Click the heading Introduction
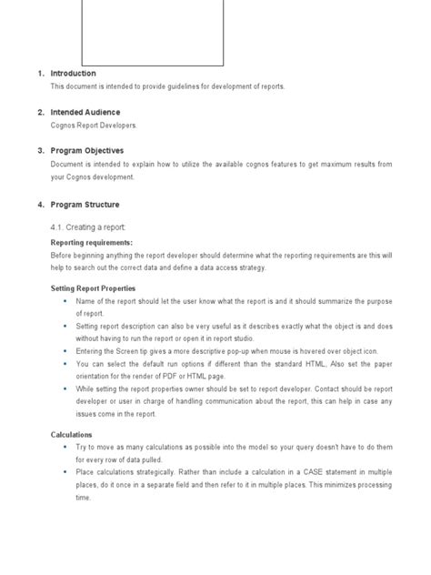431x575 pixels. (x=73, y=73)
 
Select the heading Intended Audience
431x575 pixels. (x=85, y=112)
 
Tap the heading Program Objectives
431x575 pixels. (x=87, y=150)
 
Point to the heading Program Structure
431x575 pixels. (x=85, y=205)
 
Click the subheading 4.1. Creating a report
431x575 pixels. (x=88, y=227)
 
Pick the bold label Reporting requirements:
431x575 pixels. (x=91, y=243)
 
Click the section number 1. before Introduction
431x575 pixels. (x=41, y=73)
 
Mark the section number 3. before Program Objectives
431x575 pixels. (x=41, y=150)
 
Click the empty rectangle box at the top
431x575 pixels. (x=153, y=33)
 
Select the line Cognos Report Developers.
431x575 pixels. (x=94, y=126)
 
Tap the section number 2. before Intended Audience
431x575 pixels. (x=41, y=112)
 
